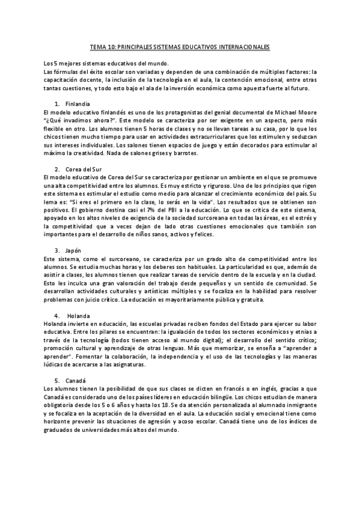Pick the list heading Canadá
[x=78, y=380]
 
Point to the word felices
[x=198, y=233]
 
